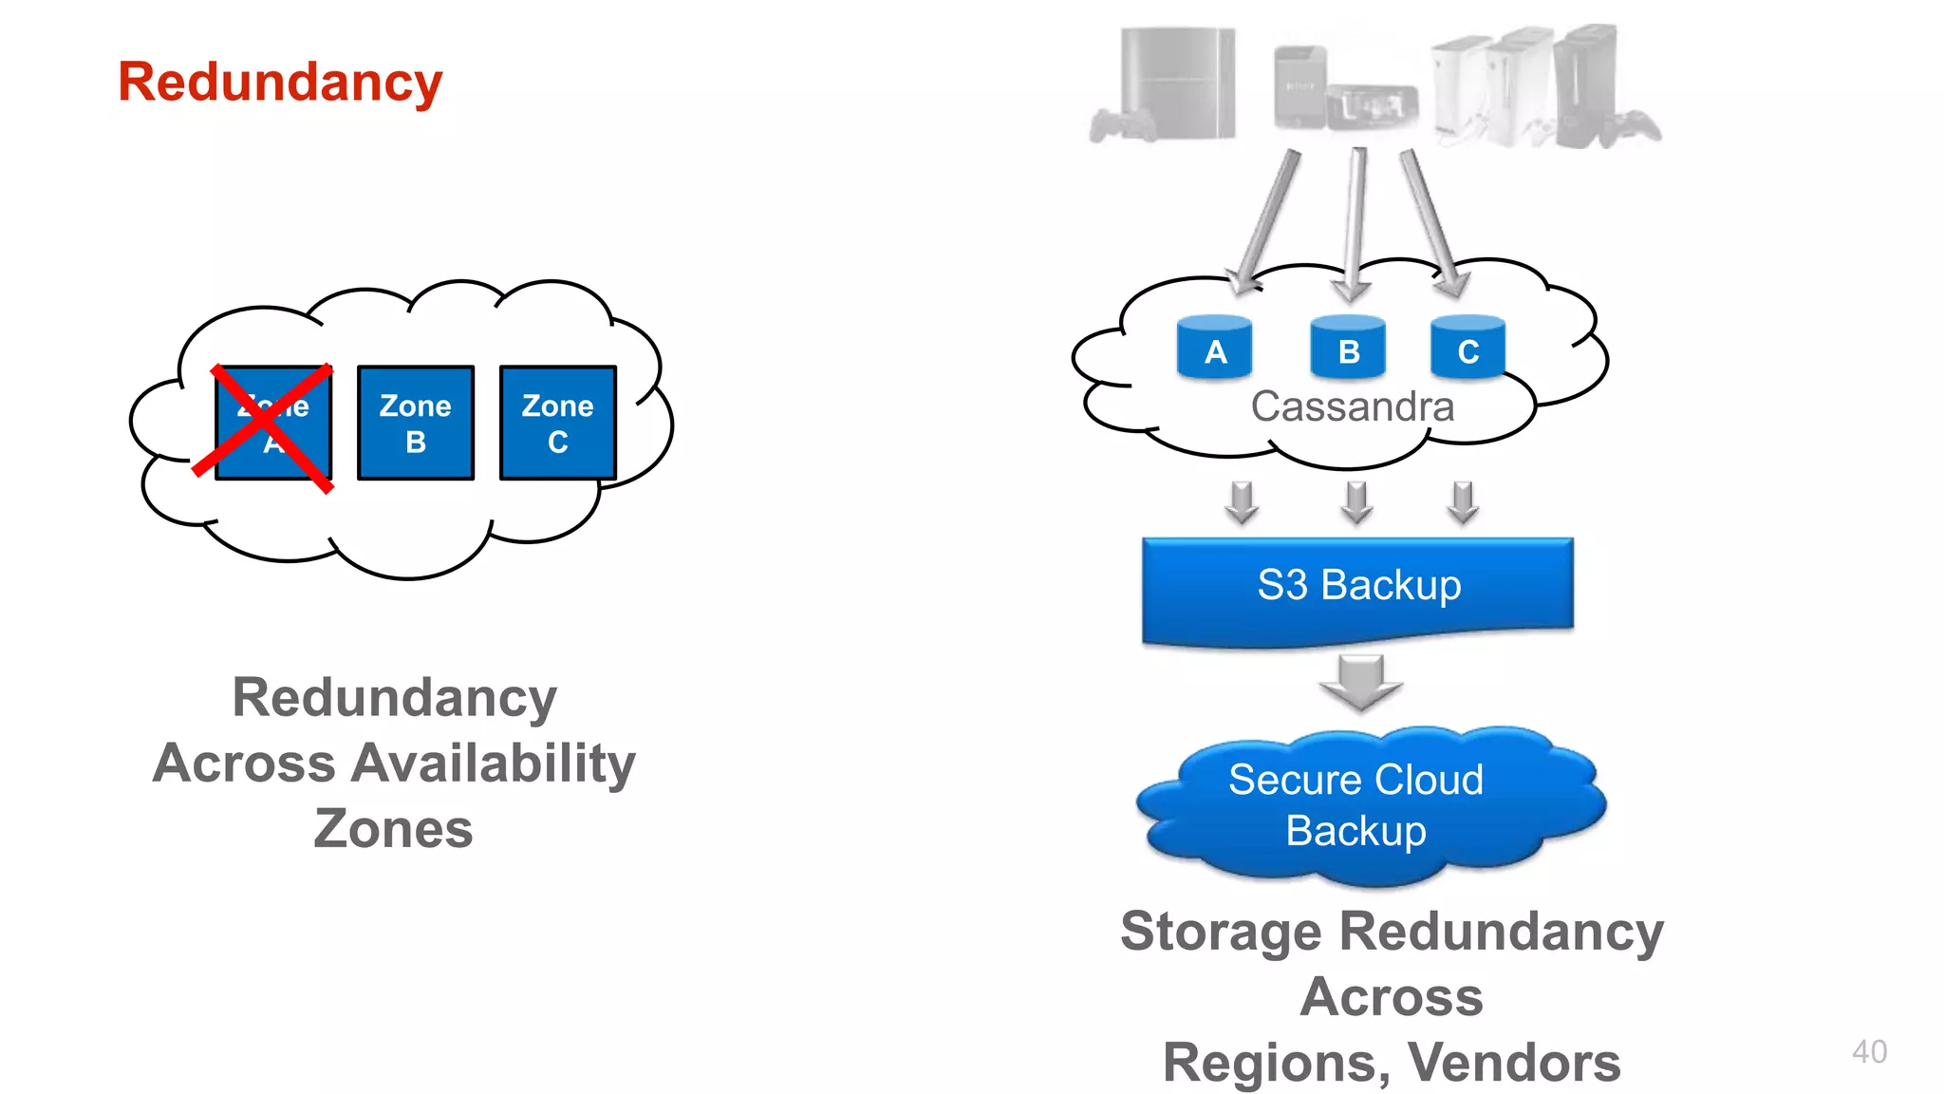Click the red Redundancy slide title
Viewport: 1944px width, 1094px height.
tap(280, 82)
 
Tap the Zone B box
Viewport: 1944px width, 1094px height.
tap(416, 423)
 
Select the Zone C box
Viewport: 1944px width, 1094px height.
tap(558, 423)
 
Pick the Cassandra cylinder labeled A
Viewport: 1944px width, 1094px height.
tap(1214, 349)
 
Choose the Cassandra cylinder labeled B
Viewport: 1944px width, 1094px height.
tap(1348, 349)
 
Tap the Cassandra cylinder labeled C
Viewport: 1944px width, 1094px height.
tap(1467, 349)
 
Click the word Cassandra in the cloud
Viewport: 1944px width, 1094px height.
tap(1352, 406)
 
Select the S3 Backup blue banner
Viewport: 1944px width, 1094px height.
tap(1357, 587)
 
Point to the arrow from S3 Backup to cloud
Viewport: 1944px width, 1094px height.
tap(1360, 682)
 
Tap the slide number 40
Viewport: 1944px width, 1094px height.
tap(1869, 1051)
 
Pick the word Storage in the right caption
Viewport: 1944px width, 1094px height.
tap(1221, 931)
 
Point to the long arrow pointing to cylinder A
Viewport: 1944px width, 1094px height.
tap(1266, 223)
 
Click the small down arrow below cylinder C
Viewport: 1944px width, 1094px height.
tap(1463, 501)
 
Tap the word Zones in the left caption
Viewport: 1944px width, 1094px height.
tap(393, 829)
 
